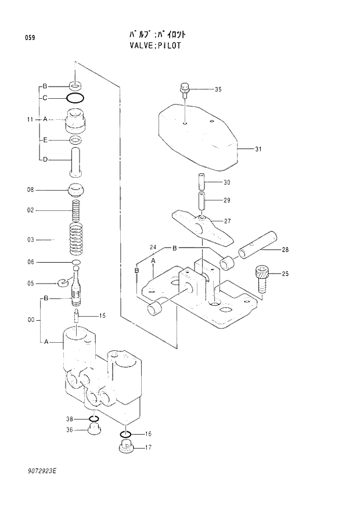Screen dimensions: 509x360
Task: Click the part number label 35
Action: tap(218, 89)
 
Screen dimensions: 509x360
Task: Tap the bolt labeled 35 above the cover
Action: tap(183, 89)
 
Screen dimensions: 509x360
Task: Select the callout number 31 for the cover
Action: tap(258, 149)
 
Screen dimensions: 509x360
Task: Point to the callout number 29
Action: tap(227, 200)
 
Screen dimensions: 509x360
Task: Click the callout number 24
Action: tap(153, 248)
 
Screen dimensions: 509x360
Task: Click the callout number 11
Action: tap(30, 119)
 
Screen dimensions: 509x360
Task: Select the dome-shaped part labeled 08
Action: tap(77, 189)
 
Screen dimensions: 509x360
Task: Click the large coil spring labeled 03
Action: tap(77, 238)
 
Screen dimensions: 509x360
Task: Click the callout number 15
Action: tap(102, 316)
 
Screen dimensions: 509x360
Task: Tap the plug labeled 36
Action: tap(93, 430)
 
